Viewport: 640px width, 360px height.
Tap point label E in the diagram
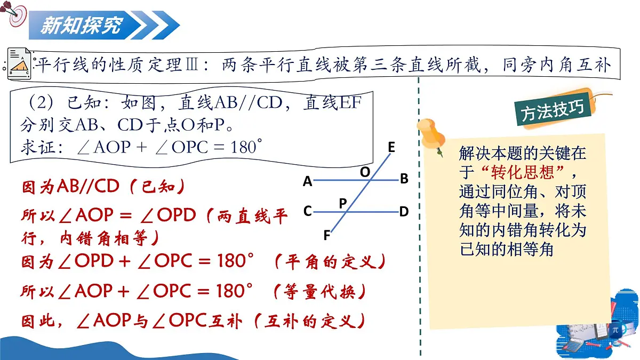pyautogui.click(x=391, y=147)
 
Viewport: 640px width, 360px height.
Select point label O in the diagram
pyautogui.click(x=365, y=172)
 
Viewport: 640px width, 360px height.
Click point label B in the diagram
pyautogui.click(x=404, y=179)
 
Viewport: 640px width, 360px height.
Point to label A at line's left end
pyautogui.click(x=307, y=182)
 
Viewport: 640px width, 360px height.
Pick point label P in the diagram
pyautogui.click(x=343, y=203)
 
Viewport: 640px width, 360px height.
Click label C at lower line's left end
pyautogui.click(x=307, y=212)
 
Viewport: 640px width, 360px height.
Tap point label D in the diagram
pyautogui.click(x=404, y=212)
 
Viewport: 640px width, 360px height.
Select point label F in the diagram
pyautogui.click(x=326, y=235)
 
